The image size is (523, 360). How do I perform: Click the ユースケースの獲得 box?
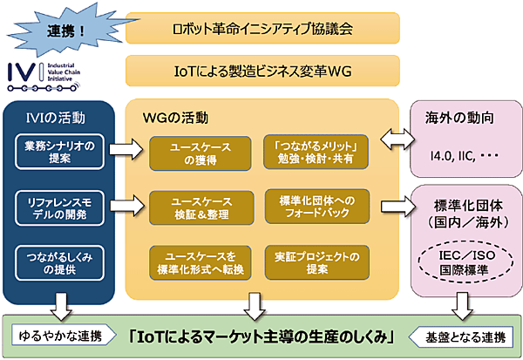pos(199,153)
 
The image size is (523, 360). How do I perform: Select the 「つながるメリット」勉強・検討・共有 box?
pos(316,153)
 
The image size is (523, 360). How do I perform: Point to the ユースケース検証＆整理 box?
pos(199,207)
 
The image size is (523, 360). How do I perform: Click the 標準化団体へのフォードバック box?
pos(316,207)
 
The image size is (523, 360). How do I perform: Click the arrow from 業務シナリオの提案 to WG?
pos(126,154)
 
